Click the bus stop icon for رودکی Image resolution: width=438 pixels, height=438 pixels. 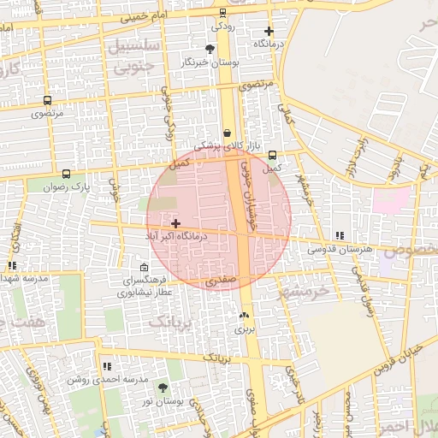tap(222, 13)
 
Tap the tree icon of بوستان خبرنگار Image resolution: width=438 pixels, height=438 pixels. tap(210, 49)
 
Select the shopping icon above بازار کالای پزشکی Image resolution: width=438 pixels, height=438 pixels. tap(227, 133)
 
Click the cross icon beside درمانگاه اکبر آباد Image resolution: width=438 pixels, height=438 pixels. tap(176, 224)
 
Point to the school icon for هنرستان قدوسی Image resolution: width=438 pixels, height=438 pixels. tap(340, 235)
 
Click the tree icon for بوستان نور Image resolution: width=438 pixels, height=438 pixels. tap(163, 388)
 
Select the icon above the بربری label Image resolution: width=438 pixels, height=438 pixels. tap(245, 315)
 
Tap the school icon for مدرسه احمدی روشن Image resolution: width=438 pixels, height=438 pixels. tap(107, 366)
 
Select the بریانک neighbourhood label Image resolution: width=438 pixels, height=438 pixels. tap(166, 321)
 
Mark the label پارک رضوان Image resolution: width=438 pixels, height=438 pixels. tap(68, 186)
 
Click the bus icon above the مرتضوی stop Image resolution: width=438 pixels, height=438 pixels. tap(46, 100)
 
